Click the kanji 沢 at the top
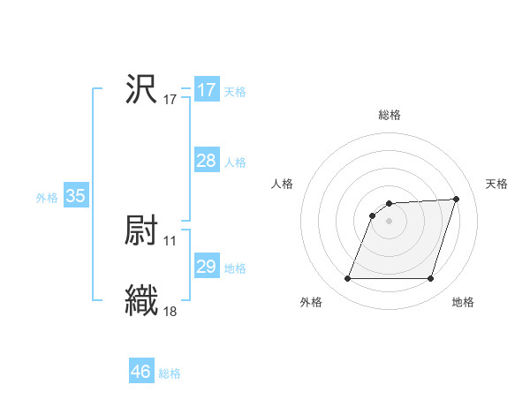[x=141, y=89]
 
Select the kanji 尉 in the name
[x=141, y=230]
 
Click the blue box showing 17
[x=207, y=90]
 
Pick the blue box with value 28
[x=207, y=161]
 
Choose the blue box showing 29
[x=207, y=267]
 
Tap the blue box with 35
[x=76, y=196]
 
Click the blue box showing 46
[x=141, y=372]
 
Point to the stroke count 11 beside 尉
[x=170, y=240]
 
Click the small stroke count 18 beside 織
[x=170, y=311]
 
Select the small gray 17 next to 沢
[x=170, y=100]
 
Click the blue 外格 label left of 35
[x=47, y=198]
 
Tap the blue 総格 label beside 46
[x=170, y=373]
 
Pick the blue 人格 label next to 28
[x=235, y=162]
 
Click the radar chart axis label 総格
[x=390, y=115]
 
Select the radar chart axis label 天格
[x=496, y=184]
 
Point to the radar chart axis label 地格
[x=463, y=303]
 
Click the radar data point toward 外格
[x=348, y=279]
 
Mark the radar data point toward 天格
[x=457, y=199]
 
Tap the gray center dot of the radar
[x=390, y=221]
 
